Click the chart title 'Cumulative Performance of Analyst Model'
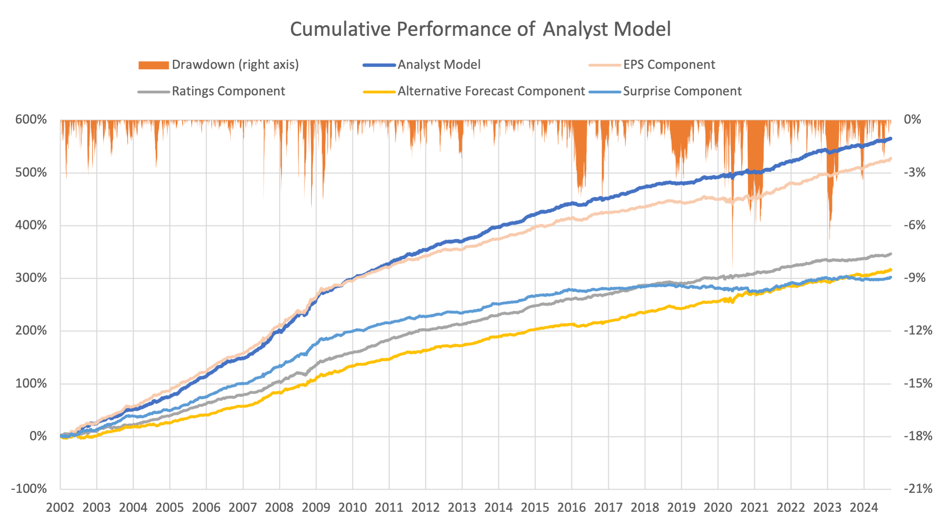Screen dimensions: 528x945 pyautogui.click(x=480, y=29)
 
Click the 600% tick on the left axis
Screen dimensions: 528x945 pyautogui.click(x=31, y=120)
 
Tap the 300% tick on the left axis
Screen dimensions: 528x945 pyautogui.click(x=31, y=278)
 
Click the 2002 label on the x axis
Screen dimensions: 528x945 pyautogui.click(x=60, y=508)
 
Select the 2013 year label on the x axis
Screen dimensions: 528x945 pyautogui.click(x=462, y=508)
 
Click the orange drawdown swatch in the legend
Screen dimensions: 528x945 pyautogui.click(x=153, y=65)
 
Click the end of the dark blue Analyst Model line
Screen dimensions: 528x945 pyautogui.click(x=891, y=139)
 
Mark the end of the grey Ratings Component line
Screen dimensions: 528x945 pyautogui.click(x=891, y=254)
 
